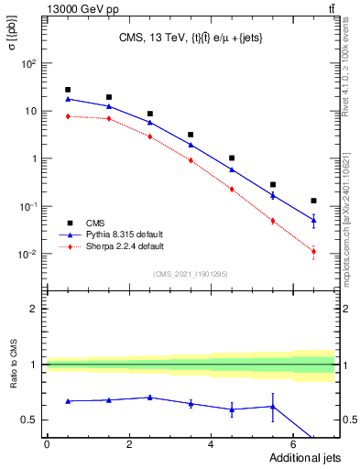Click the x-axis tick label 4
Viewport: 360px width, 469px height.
pos(211,444)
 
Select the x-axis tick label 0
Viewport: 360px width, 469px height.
pos(47,444)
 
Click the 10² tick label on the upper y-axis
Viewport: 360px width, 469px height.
pos(28,64)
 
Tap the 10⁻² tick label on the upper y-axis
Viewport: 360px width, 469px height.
pos(28,254)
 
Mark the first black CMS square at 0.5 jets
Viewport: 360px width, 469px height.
pos(68,90)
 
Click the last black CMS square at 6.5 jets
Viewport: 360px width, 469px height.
pos(313,201)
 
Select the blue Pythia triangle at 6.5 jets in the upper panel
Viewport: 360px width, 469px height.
pos(313,220)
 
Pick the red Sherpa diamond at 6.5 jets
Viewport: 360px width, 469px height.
pos(313,252)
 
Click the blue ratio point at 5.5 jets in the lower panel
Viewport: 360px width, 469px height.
pos(273,407)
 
